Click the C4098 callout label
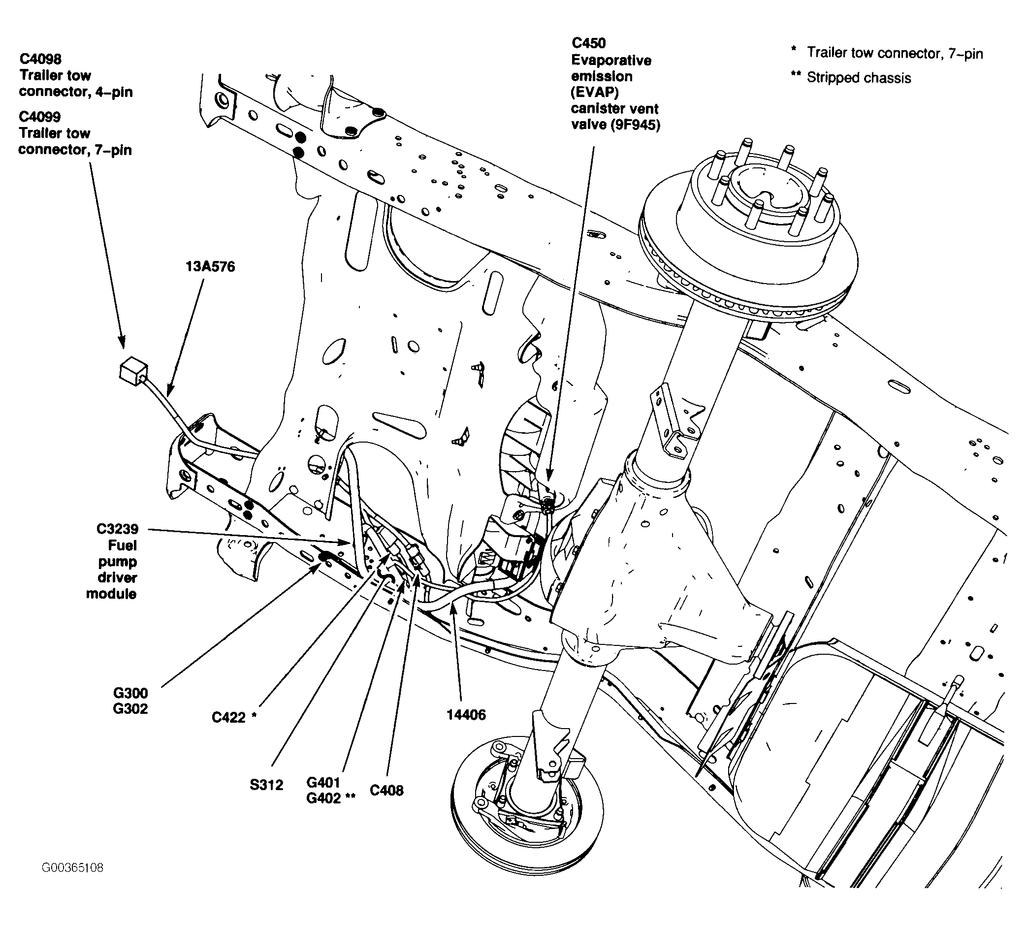click(40, 59)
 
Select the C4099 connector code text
click(40, 117)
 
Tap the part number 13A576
click(210, 267)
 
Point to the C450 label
click(588, 43)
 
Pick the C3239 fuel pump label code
click(118, 529)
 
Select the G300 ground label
click(130, 693)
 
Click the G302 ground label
click(130, 709)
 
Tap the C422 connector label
click(228, 717)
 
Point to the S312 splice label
click(266, 785)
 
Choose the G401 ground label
click(323, 782)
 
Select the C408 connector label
click(387, 790)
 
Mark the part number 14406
click(466, 715)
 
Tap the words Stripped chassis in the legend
click(859, 78)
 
